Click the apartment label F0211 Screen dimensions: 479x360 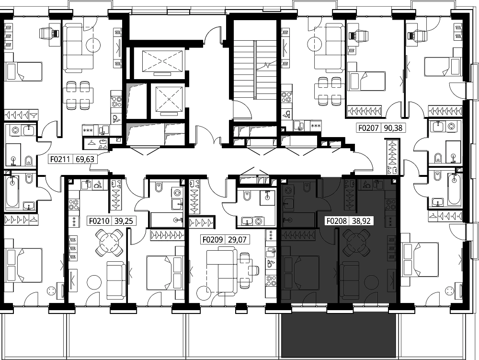point(60,159)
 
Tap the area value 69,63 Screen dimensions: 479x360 point(85,159)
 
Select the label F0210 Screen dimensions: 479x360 point(99,221)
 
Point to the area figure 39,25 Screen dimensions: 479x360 point(124,221)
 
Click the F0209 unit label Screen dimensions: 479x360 point(213,239)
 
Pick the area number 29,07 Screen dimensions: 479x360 point(237,239)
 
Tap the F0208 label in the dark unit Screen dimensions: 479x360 point(337,221)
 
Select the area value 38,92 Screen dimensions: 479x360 point(361,221)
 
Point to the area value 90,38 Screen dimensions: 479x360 point(393,128)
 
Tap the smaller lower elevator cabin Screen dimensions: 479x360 point(169,101)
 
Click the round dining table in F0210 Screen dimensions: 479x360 point(109,243)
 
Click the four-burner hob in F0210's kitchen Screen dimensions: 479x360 point(74,204)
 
